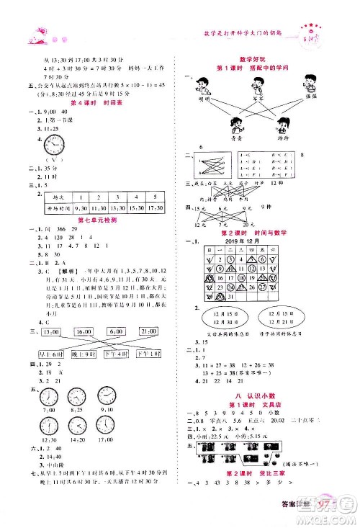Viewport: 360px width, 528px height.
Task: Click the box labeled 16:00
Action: pyautogui.click(x=84, y=331)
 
